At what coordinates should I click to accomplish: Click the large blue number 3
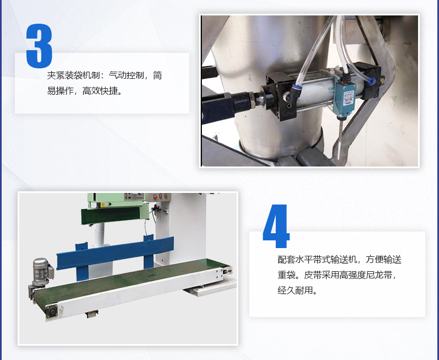click(39, 46)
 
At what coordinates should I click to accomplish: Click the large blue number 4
click(276, 226)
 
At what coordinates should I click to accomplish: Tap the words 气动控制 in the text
click(126, 76)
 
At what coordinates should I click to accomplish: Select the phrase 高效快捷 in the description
click(100, 91)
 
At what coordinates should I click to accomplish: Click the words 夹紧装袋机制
click(73, 76)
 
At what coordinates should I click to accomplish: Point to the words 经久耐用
click(295, 291)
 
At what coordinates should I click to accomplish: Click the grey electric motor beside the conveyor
click(41, 272)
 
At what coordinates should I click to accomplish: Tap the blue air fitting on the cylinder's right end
click(372, 81)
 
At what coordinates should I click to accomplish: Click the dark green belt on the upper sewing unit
click(111, 215)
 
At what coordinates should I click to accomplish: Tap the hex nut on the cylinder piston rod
click(253, 100)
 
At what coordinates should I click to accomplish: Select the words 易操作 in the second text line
click(60, 91)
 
